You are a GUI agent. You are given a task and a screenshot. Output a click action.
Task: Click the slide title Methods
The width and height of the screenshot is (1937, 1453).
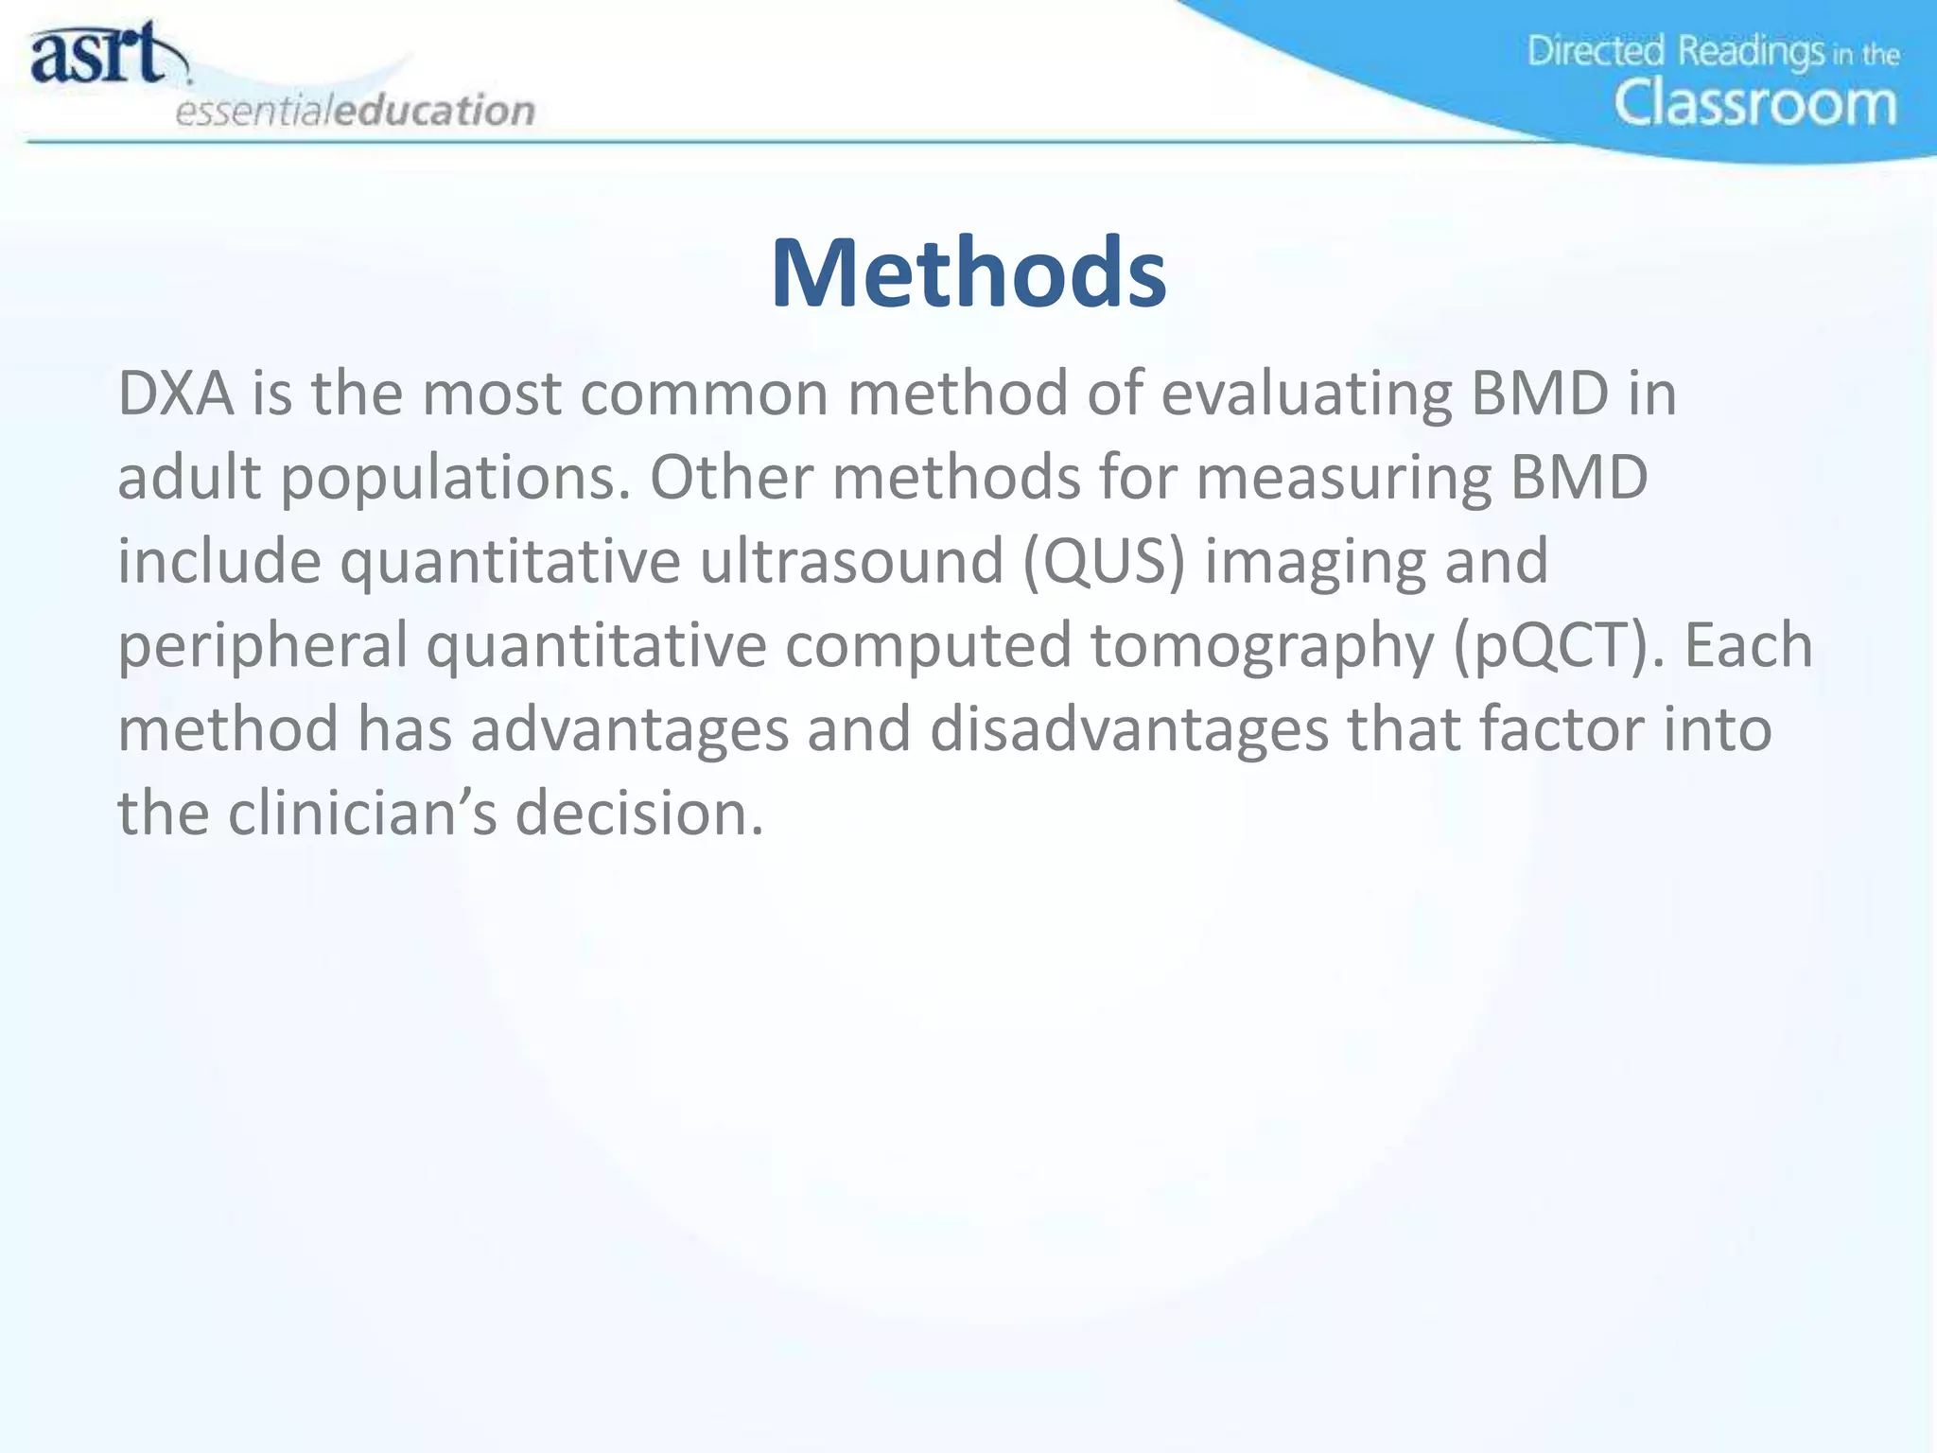point(968,273)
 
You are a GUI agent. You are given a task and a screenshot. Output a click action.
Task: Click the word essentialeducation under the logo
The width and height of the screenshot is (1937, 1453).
point(356,112)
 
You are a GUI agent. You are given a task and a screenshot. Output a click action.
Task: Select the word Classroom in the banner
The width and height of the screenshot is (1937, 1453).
point(1754,103)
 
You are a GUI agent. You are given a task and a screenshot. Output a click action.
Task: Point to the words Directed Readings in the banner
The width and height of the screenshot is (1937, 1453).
point(1675,51)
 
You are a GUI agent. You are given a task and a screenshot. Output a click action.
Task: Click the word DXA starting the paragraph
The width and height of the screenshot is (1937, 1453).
point(175,394)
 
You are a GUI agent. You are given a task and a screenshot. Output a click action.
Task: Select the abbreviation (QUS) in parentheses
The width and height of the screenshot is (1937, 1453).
point(1104,562)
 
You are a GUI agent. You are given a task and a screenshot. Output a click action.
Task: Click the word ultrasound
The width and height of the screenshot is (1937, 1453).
point(851,562)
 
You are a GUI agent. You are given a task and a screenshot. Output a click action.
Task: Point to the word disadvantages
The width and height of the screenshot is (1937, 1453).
point(1129,730)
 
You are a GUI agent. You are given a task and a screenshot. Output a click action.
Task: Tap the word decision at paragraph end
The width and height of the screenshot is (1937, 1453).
point(638,814)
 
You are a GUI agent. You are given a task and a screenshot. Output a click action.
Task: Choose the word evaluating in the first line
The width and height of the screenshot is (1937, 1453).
point(1306,394)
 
